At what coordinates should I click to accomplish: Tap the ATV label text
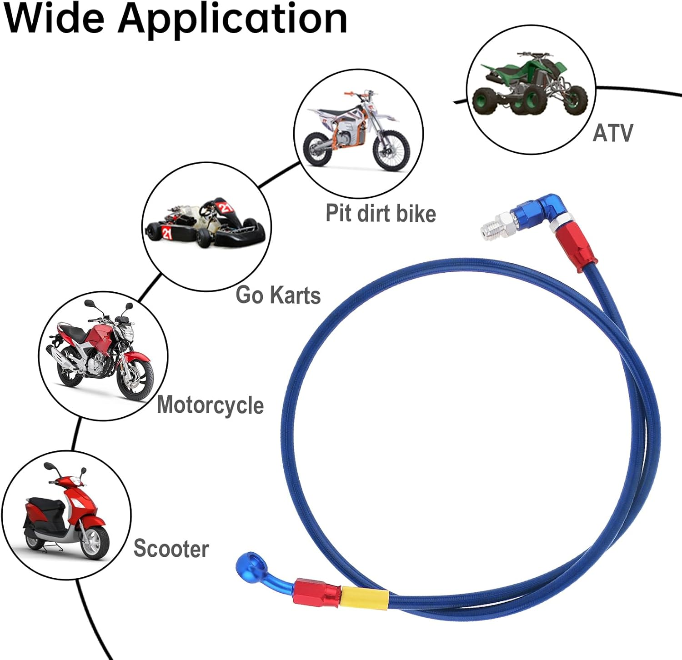[x=612, y=133]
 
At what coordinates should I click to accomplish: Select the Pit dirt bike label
[x=381, y=213]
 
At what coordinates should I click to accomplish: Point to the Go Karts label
[x=278, y=295]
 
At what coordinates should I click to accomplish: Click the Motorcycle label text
[x=210, y=405]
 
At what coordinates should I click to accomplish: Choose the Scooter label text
[x=171, y=549]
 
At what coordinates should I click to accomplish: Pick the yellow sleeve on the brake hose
[x=364, y=597]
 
